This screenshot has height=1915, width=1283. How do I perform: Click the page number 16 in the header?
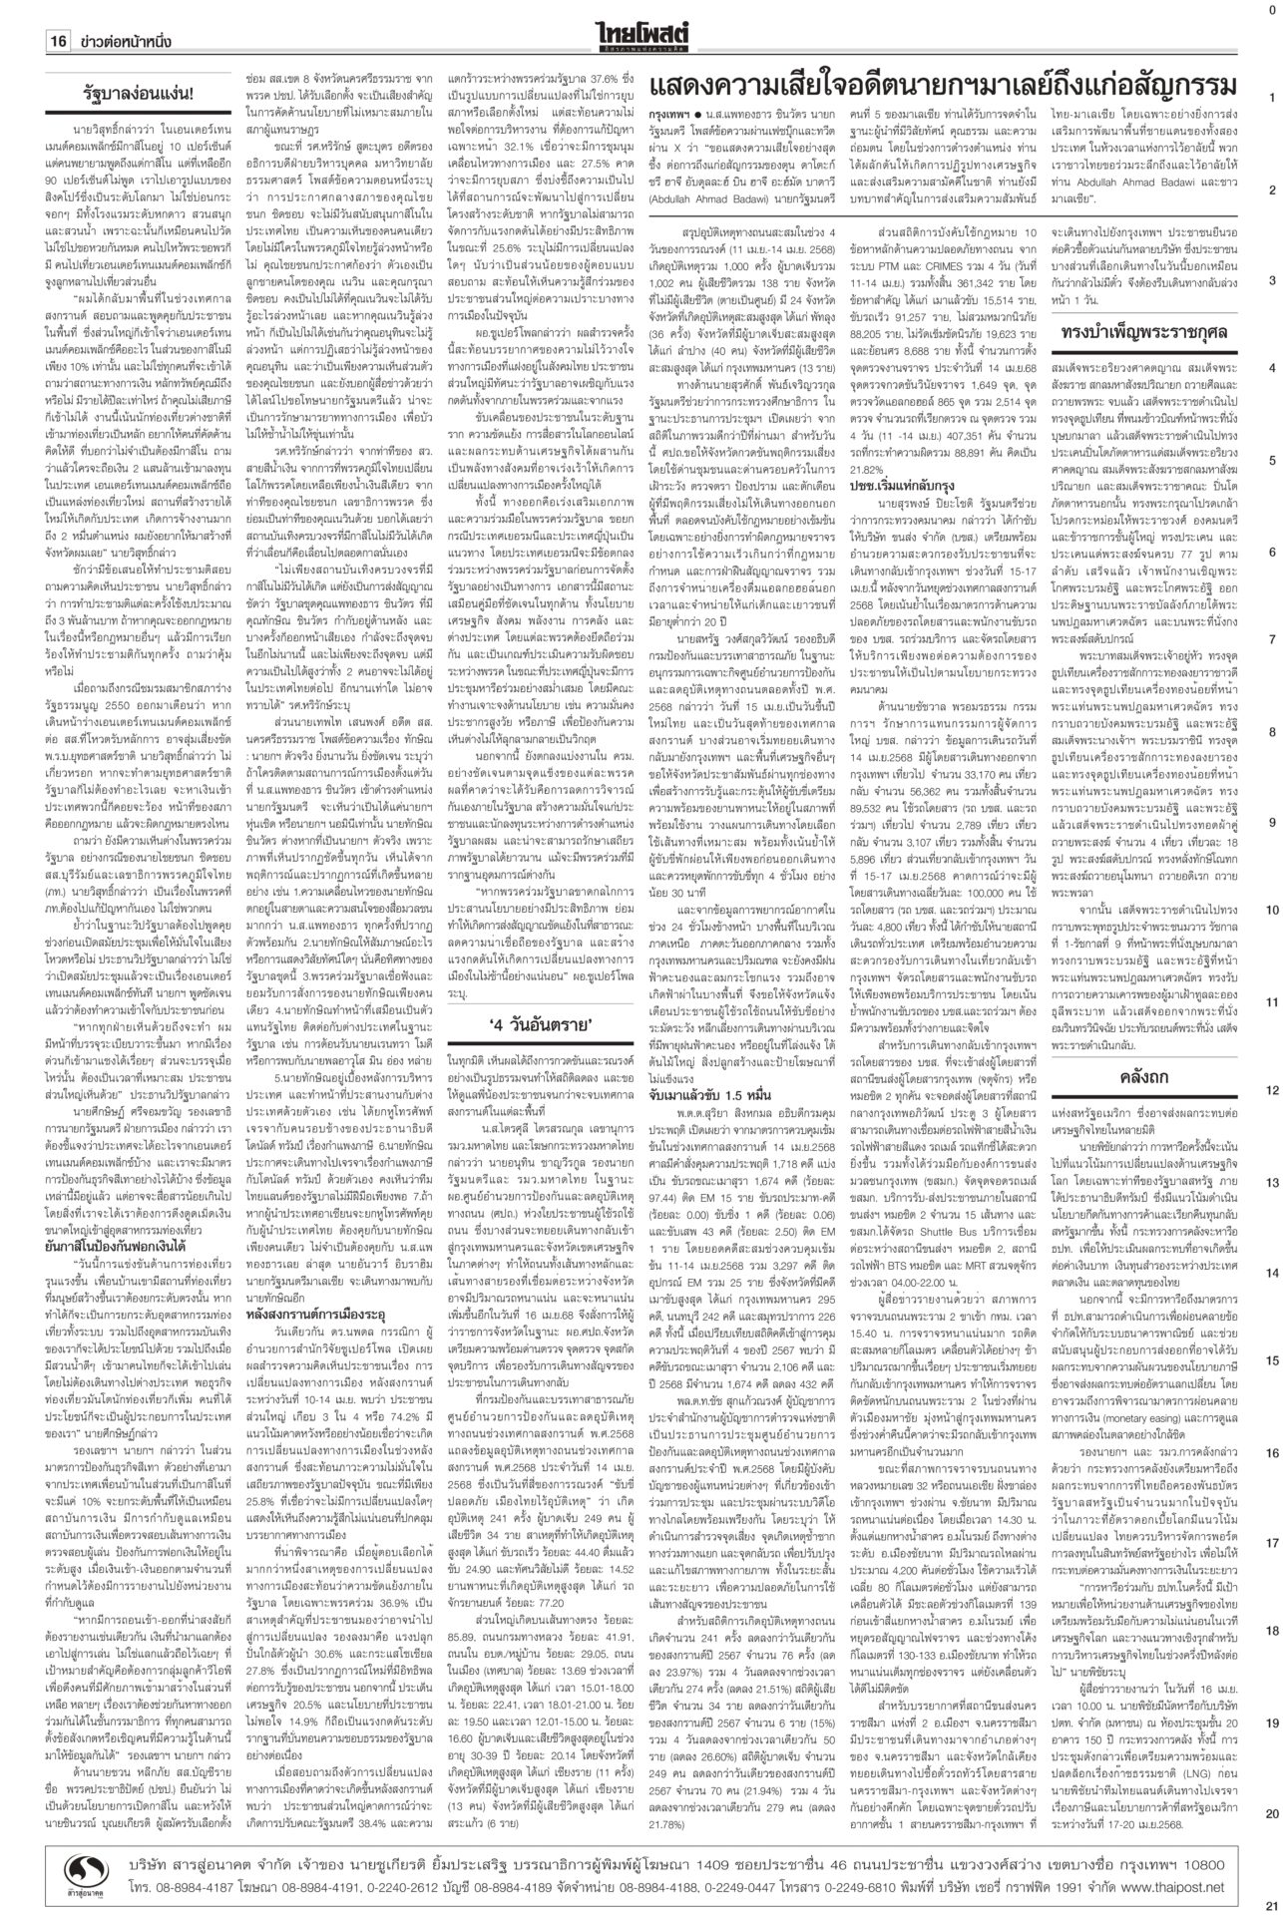(x=56, y=41)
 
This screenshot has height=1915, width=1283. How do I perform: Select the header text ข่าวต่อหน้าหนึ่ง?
(x=126, y=41)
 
